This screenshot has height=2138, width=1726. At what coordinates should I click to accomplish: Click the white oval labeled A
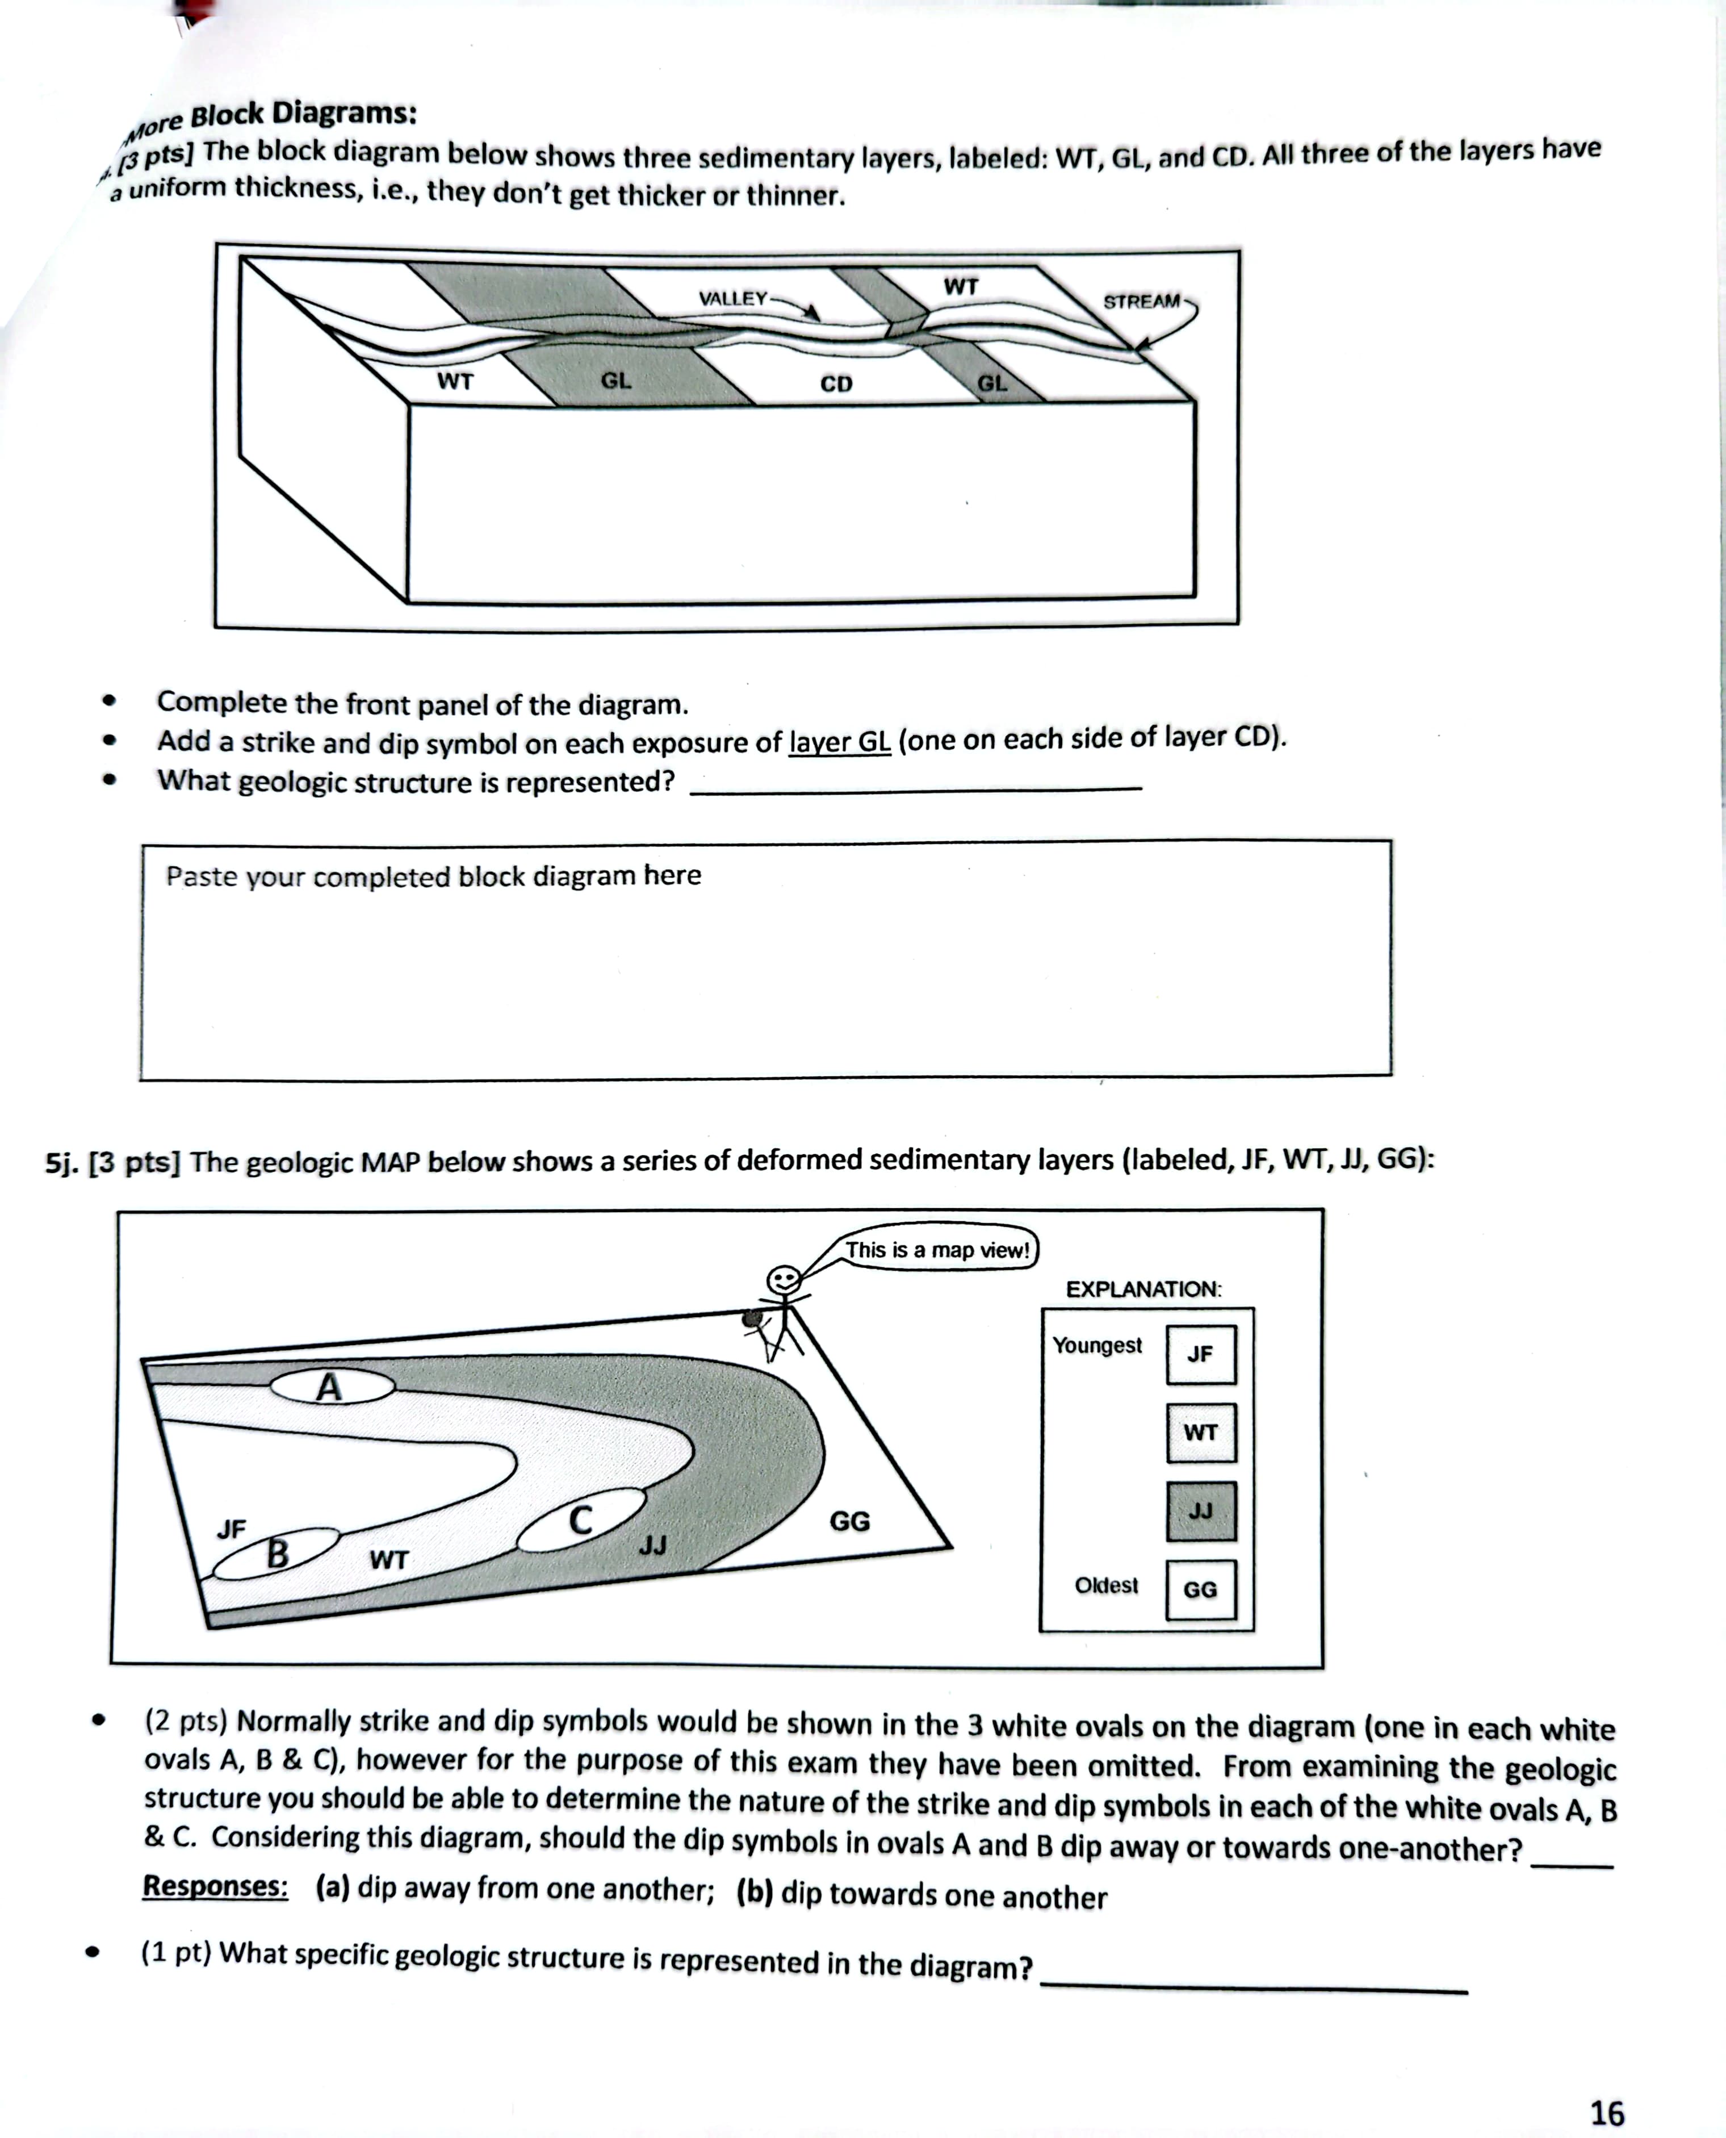(x=332, y=1386)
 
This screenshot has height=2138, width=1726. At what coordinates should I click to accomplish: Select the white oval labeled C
(x=581, y=1521)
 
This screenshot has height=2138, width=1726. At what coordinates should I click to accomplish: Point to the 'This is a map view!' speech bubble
(x=937, y=1250)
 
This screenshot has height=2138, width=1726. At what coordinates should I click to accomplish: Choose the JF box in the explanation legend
(x=1200, y=1354)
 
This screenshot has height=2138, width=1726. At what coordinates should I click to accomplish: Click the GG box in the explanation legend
(x=1200, y=1590)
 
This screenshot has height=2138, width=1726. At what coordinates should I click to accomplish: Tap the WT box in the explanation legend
(x=1200, y=1433)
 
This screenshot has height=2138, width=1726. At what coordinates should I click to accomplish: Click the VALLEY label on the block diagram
(x=733, y=298)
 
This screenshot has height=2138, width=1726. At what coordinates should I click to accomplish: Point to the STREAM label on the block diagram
(x=1141, y=301)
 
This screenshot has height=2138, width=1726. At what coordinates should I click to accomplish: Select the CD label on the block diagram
(x=836, y=384)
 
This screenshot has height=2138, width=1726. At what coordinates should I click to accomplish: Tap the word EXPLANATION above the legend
(x=1143, y=1290)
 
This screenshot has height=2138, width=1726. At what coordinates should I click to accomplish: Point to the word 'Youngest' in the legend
(x=1097, y=1346)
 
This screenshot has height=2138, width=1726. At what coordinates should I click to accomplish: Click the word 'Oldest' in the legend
(x=1105, y=1585)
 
